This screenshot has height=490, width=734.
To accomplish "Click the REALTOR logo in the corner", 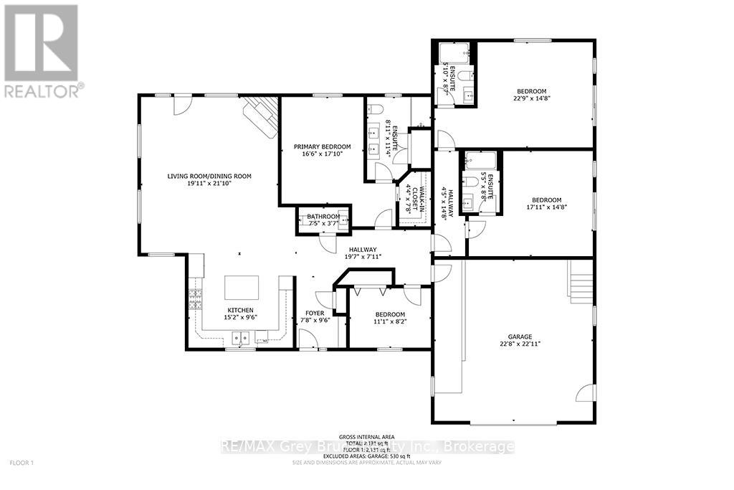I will pyautogui.click(x=42, y=50).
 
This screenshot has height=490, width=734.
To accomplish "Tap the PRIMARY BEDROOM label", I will pyautogui.click(x=319, y=147).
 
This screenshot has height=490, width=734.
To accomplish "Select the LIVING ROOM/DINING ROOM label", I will pyautogui.click(x=209, y=176).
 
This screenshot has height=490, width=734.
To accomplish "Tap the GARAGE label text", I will pyautogui.click(x=520, y=336).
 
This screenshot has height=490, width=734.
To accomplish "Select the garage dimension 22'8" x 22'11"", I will pyautogui.click(x=520, y=344).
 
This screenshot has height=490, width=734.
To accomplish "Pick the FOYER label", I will pyautogui.click(x=315, y=314).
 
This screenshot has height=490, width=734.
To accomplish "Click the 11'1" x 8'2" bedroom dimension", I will pyautogui.click(x=389, y=323).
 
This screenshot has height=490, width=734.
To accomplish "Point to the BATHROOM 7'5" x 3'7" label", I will pyautogui.click(x=323, y=220).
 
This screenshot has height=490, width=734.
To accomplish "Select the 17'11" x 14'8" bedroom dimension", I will pyautogui.click(x=546, y=208).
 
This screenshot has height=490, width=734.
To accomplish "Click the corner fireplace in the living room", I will pyautogui.click(x=259, y=115).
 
